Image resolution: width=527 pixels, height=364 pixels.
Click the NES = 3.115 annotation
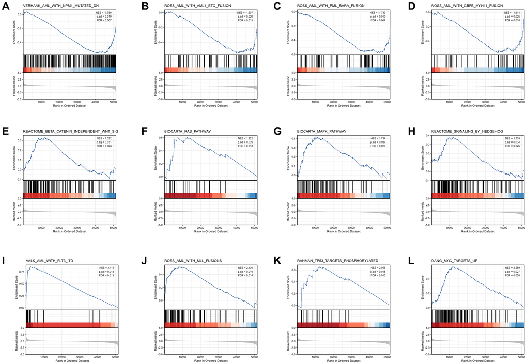(x=108, y=267)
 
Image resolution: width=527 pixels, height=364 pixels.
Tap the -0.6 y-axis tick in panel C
(x=295, y=54)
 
